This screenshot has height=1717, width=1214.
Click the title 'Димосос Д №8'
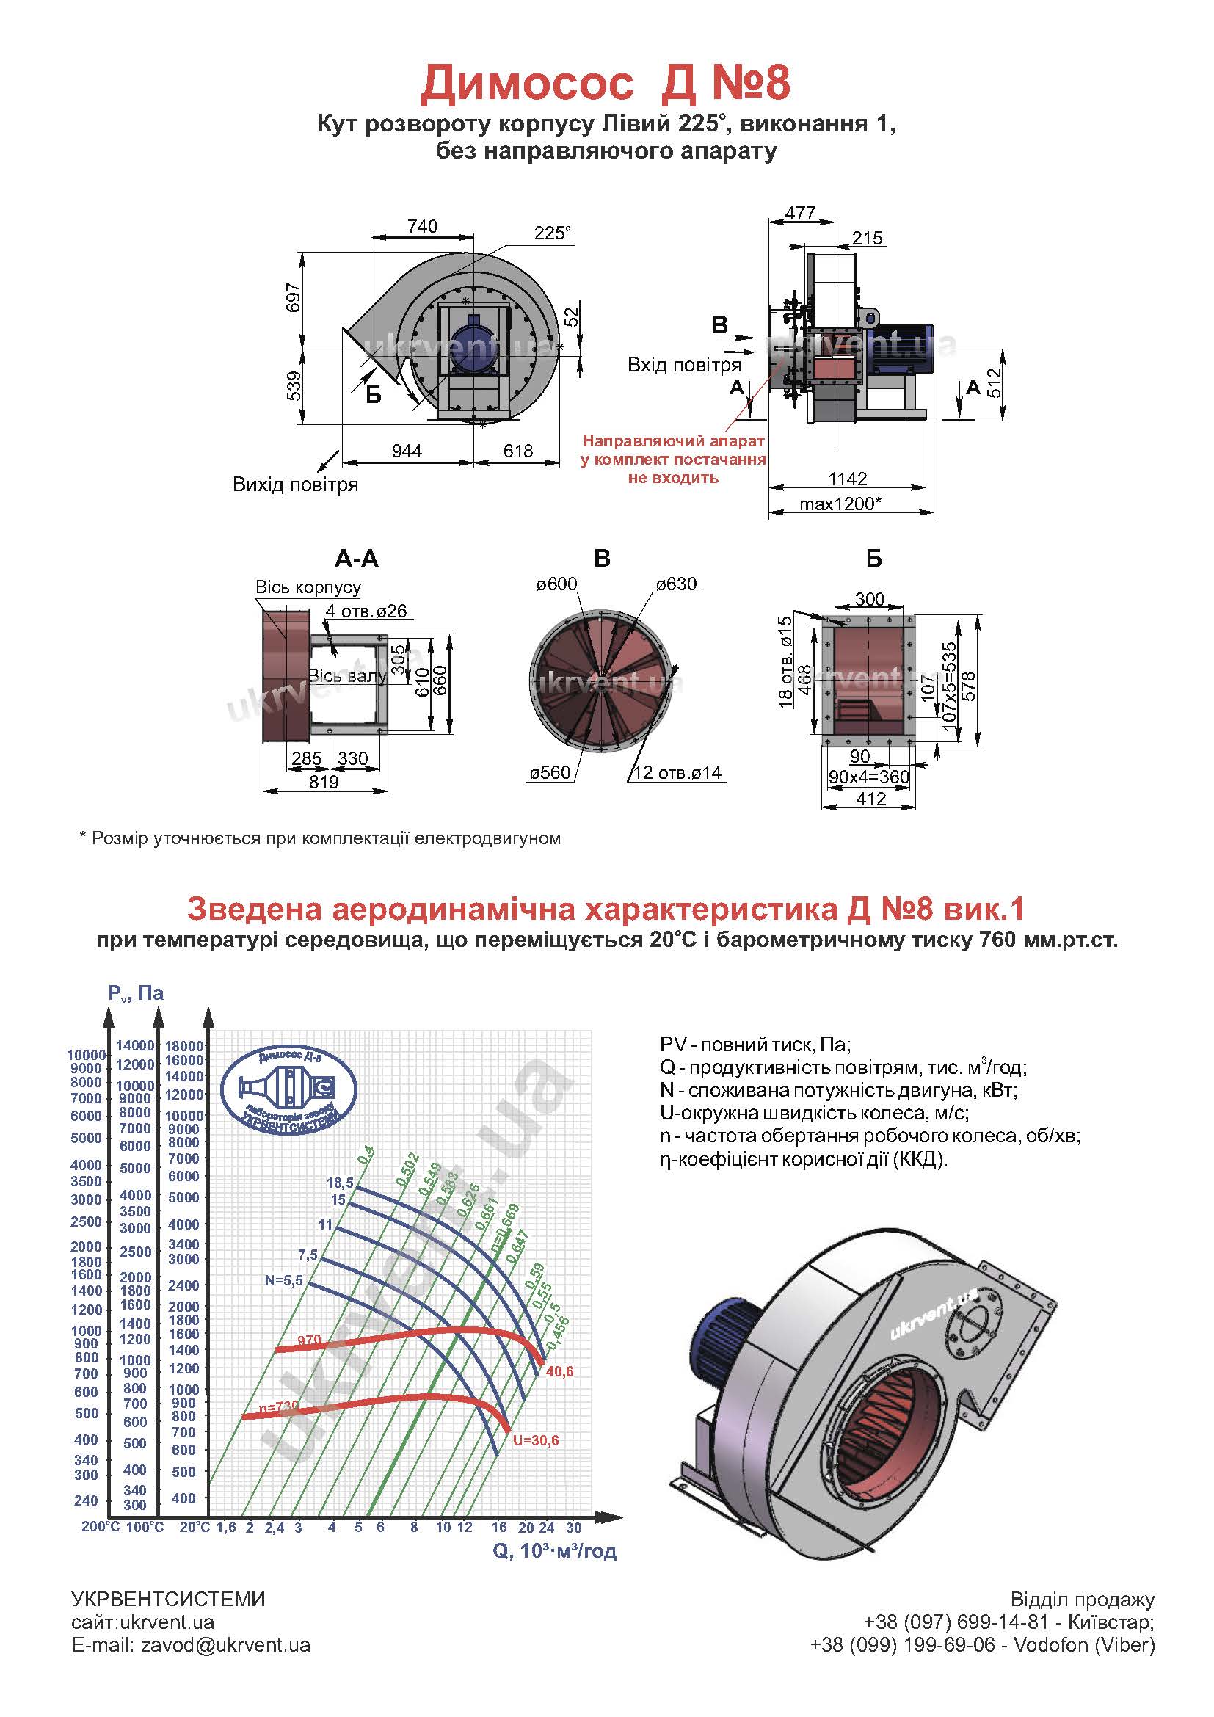coord(606,82)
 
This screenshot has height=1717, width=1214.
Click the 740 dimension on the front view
coord(422,226)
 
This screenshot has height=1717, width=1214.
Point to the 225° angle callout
coord(553,233)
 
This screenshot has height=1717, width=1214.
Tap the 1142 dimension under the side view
coord(848,479)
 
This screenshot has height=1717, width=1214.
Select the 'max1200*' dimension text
coord(841,504)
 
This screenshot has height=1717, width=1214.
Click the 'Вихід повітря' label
coord(295,484)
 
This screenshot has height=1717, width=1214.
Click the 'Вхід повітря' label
coord(684,365)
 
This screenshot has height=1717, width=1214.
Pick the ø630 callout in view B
coord(677,584)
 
